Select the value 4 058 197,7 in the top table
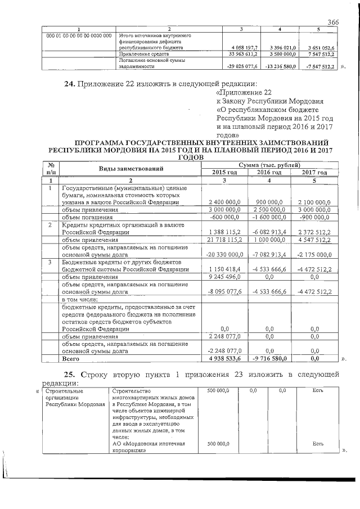pyautogui.click(x=244, y=49)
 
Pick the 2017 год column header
pyautogui.click(x=314, y=172)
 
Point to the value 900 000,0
pyautogui.click(x=272, y=201)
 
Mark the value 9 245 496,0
pyautogui.click(x=226, y=277)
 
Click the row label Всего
pyautogui.click(x=71, y=358)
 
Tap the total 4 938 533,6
pyautogui.click(x=226, y=358)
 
